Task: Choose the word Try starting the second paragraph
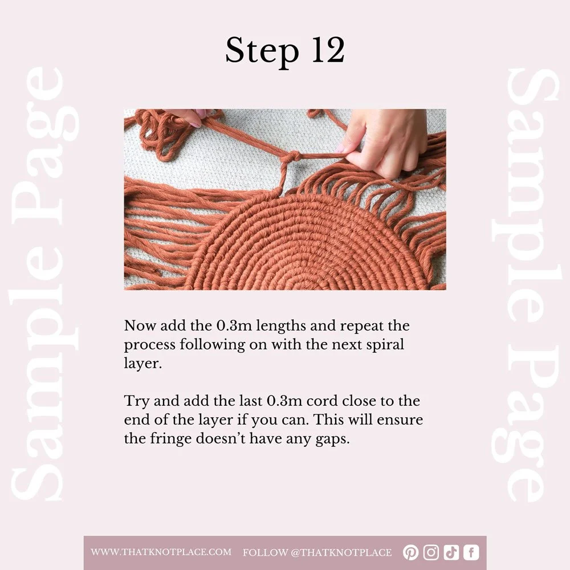coord(135,401)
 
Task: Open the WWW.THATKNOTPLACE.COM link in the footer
coord(161,552)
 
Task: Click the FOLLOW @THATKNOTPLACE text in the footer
coord(317,552)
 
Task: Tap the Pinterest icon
coord(410,552)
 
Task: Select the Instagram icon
coord(431,552)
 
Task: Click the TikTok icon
coord(451,552)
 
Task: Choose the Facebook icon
coord(471,552)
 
